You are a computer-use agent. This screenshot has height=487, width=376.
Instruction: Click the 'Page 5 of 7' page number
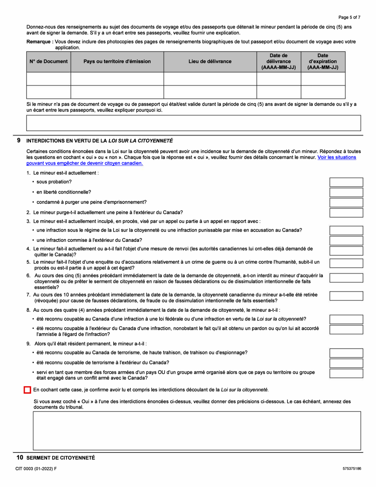point(349,17)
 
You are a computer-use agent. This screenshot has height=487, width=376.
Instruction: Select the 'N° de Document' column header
point(48,61)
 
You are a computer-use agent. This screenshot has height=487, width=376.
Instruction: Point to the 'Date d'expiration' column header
point(323,61)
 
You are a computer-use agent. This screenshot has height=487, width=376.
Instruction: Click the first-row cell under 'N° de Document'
point(48,78)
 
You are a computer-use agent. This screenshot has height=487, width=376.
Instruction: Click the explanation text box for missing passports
point(193,123)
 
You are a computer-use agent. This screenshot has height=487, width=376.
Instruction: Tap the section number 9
point(19,140)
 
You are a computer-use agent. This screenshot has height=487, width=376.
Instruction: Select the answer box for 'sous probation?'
point(346,182)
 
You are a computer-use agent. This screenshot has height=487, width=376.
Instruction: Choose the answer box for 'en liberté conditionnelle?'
point(346,192)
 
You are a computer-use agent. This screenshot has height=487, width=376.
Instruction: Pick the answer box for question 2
point(346,213)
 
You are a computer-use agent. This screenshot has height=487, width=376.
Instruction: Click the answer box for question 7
point(346,296)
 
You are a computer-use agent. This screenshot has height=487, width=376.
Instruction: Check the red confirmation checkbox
point(27,390)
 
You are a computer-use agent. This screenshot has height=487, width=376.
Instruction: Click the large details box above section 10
point(197,430)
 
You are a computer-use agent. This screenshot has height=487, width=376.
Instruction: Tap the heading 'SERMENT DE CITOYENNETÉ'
point(61,458)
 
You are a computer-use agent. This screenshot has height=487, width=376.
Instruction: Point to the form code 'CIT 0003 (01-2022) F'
point(36,468)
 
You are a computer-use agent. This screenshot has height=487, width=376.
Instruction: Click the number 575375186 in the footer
point(352,468)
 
